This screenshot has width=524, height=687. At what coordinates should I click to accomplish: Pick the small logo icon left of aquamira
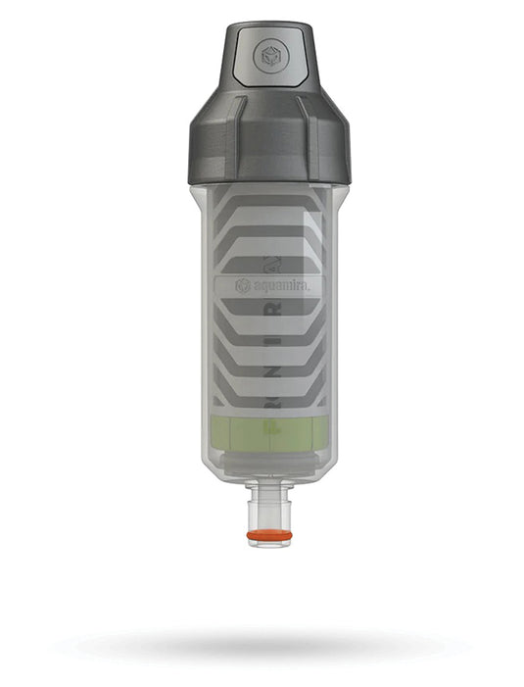point(242,285)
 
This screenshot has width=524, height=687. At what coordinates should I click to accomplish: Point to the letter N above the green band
point(275,397)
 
